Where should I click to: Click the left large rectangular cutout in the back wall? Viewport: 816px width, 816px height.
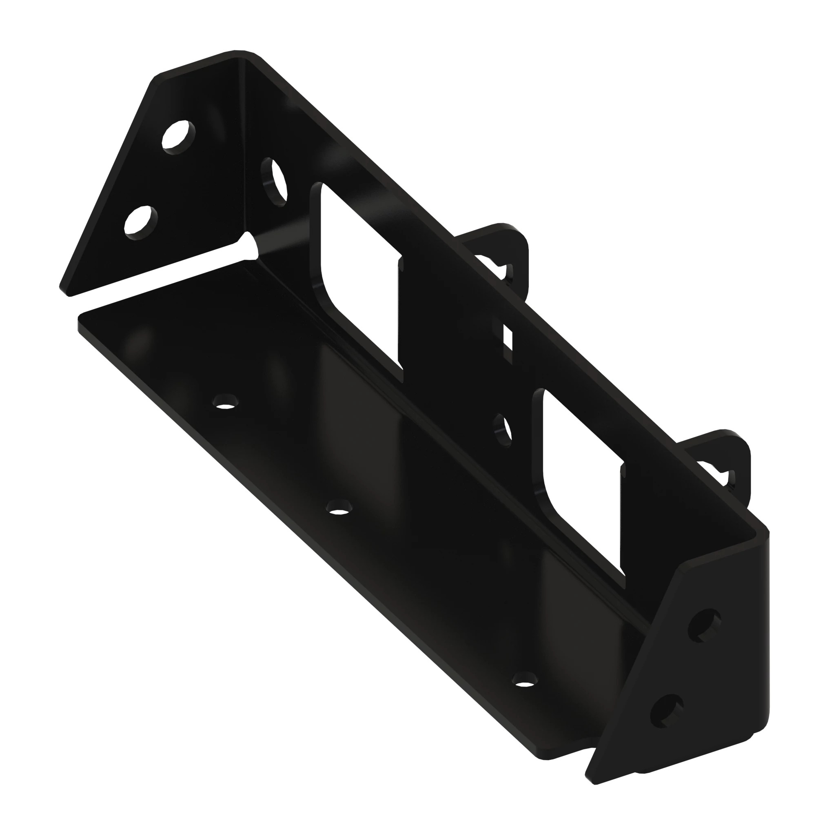pyautogui.click(x=359, y=275)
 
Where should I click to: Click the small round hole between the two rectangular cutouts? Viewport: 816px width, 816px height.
pyautogui.click(x=503, y=431)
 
